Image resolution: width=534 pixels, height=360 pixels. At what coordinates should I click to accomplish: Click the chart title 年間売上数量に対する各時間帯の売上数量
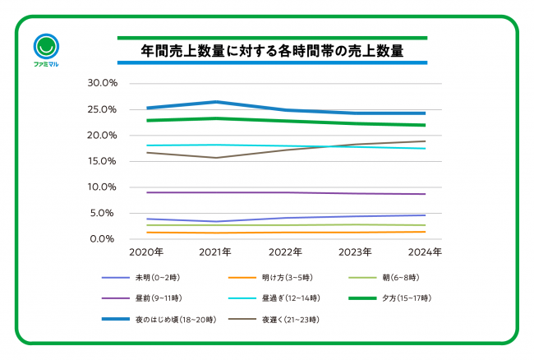pyautogui.click(x=272, y=51)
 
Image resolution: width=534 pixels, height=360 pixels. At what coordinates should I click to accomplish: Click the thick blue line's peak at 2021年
pyautogui.click(x=217, y=102)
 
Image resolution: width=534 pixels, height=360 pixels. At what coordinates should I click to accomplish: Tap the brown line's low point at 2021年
pyautogui.click(x=217, y=158)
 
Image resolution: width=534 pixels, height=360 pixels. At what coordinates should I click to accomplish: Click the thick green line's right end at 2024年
pyautogui.click(x=425, y=125)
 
